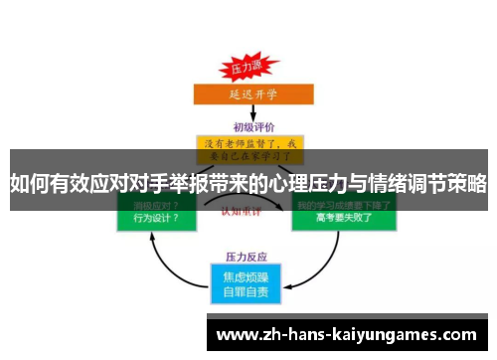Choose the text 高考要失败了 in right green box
tap(342, 217)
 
